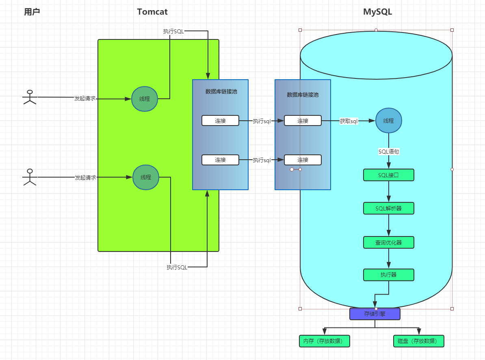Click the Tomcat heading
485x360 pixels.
152,12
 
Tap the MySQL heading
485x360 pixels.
377,12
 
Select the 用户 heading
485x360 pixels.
32,12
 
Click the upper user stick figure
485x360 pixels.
30,97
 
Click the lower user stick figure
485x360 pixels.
30,177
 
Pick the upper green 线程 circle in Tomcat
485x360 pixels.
145,99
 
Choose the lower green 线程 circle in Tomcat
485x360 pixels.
146,177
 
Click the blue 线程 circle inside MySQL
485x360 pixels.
388,121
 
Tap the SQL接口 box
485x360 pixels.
388,175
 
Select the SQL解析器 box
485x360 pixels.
388,208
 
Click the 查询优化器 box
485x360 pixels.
388,243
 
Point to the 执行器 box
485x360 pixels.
388,275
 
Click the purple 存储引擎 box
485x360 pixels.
375,314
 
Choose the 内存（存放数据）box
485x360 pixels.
325,341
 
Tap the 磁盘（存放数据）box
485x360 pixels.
419,341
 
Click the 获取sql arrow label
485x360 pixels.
349,121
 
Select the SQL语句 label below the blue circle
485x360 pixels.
389,152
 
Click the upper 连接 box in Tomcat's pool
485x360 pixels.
220,121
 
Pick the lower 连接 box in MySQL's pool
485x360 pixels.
303,160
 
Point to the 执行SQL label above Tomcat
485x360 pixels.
173,31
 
